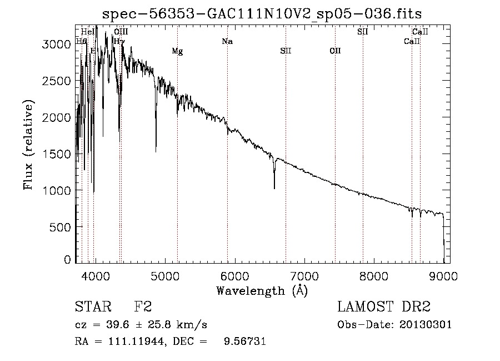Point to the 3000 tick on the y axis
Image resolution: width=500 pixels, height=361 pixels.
[57, 44]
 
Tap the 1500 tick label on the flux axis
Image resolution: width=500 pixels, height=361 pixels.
[57, 154]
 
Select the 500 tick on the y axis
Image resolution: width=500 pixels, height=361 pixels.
[61, 227]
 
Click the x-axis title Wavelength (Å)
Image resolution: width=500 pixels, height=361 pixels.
[262, 290]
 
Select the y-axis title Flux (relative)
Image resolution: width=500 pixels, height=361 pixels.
[29, 145]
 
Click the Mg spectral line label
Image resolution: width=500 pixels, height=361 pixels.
[177, 52]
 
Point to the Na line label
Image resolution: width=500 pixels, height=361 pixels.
[227, 42]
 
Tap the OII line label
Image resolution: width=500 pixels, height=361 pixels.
[335, 51]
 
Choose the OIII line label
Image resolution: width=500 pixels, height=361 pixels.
[121, 32]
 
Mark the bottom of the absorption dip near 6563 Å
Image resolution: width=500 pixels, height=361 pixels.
[274, 189]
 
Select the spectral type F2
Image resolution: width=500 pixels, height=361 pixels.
[143, 307]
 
